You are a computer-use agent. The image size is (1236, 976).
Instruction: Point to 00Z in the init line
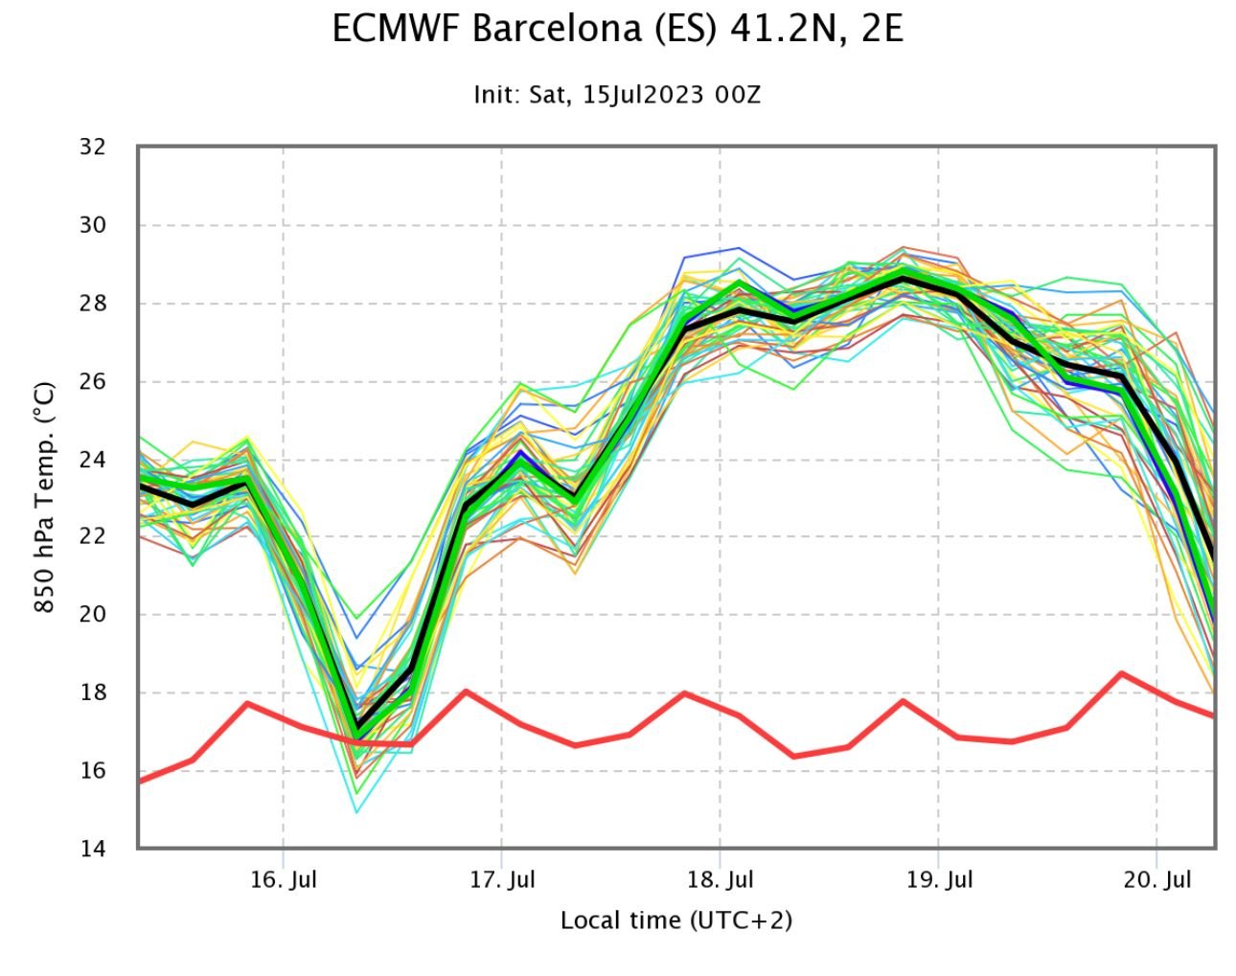click(738, 95)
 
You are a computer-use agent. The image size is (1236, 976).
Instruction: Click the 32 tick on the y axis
click(93, 148)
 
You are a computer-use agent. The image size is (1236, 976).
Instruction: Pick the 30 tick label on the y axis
click(93, 226)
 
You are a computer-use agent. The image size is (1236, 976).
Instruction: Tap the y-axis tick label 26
click(93, 381)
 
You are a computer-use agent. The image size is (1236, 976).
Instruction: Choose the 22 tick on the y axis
click(93, 537)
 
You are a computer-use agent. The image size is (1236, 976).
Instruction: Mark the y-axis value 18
click(93, 692)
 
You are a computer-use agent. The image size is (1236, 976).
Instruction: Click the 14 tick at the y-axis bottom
click(93, 849)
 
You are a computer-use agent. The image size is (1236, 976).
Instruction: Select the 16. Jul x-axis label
click(284, 879)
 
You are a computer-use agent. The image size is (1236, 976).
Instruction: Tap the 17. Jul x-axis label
click(502, 879)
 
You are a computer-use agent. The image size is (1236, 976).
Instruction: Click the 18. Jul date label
click(721, 879)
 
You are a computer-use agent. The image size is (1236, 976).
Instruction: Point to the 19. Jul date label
click(939, 879)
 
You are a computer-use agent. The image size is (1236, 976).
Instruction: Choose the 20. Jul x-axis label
click(1157, 879)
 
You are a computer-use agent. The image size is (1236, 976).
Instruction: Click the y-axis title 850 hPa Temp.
click(44, 498)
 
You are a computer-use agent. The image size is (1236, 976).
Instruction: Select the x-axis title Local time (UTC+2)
click(676, 920)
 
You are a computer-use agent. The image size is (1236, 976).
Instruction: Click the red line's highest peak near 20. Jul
click(1121, 673)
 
